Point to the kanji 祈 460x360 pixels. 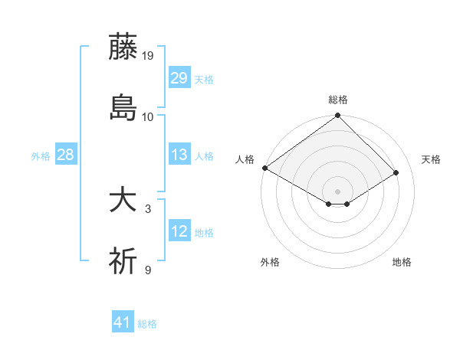pyautogui.click(x=123, y=261)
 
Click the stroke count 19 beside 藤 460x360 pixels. pyautogui.click(x=148, y=56)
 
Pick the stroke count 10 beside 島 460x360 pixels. pyautogui.click(x=148, y=117)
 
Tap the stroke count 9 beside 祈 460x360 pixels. pyautogui.click(x=148, y=270)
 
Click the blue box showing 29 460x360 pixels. pyautogui.click(x=179, y=78)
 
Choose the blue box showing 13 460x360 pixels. pyautogui.click(x=179, y=155)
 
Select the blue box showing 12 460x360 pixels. pyautogui.click(x=179, y=231)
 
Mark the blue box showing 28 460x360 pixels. pyautogui.click(x=65, y=155)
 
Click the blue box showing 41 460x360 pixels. pyautogui.click(x=123, y=322)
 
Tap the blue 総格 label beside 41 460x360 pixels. pyautogui.click(x=147, y=324)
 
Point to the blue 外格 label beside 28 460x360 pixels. pyautogui.click(x=41, y=156)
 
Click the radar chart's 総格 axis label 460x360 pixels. pyautogui.click(x=338, y=100)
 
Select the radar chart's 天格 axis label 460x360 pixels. pyautogui.click(x=432, y=159)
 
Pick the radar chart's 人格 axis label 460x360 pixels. pyautogui.click(x=245, y=159)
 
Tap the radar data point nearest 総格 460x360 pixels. pyautogui.click(x=338, y=116)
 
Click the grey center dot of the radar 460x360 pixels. pyautogui.click(x=338, y=191)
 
